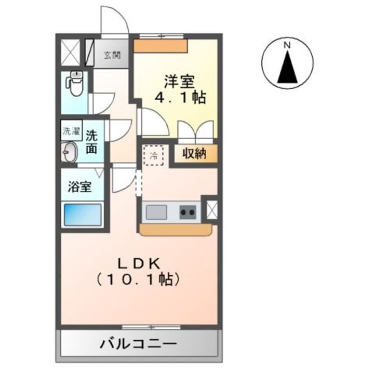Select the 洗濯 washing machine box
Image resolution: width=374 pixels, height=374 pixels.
(72, 131)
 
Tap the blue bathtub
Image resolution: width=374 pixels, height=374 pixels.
(82, 215)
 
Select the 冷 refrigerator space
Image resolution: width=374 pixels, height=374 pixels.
(154, 155)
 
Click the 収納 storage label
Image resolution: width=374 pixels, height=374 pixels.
(194, 154)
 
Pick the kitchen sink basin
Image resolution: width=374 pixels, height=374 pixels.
(156, 212)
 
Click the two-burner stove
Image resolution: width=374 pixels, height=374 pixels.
(188, 212)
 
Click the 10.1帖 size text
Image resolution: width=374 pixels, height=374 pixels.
(138, 279)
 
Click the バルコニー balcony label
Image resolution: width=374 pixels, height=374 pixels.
(139, 343)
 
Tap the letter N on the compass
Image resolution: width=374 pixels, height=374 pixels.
(286, 45)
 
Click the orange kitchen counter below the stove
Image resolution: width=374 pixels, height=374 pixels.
(176, 229)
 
